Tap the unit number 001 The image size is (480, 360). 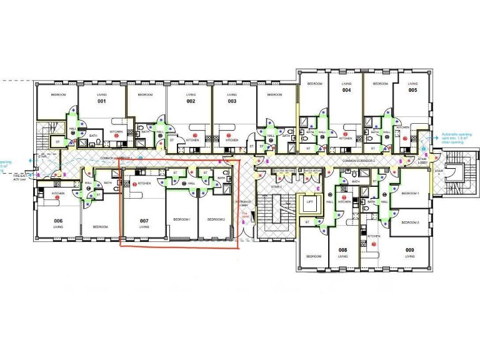(101, 101)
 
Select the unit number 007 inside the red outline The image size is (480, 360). (144, 221)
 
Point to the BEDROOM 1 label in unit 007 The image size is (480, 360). (182, 220)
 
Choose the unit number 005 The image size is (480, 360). (412, 90)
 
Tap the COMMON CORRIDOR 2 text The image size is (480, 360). (357, 161)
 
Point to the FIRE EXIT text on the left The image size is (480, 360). (18, 177)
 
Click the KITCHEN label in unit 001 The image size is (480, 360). (117, 132)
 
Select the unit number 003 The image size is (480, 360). (232, 101)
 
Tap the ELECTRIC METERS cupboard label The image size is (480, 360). (284, 171)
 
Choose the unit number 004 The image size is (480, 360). (346, 90)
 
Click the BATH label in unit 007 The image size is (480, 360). (221, 178)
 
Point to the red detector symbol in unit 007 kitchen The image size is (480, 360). (135, 183)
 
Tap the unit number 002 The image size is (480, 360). (191, 101)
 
